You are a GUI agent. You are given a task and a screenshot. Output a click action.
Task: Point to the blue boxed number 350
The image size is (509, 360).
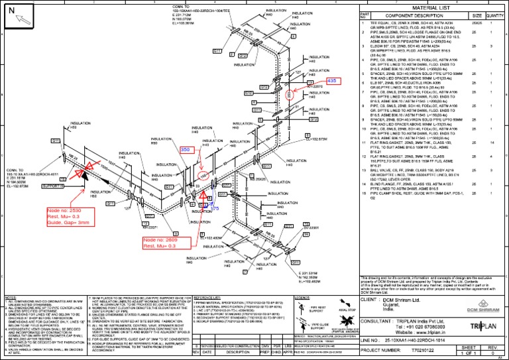click(186, 150)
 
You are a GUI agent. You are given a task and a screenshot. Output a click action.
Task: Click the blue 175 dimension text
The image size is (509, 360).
click(213, 209)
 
